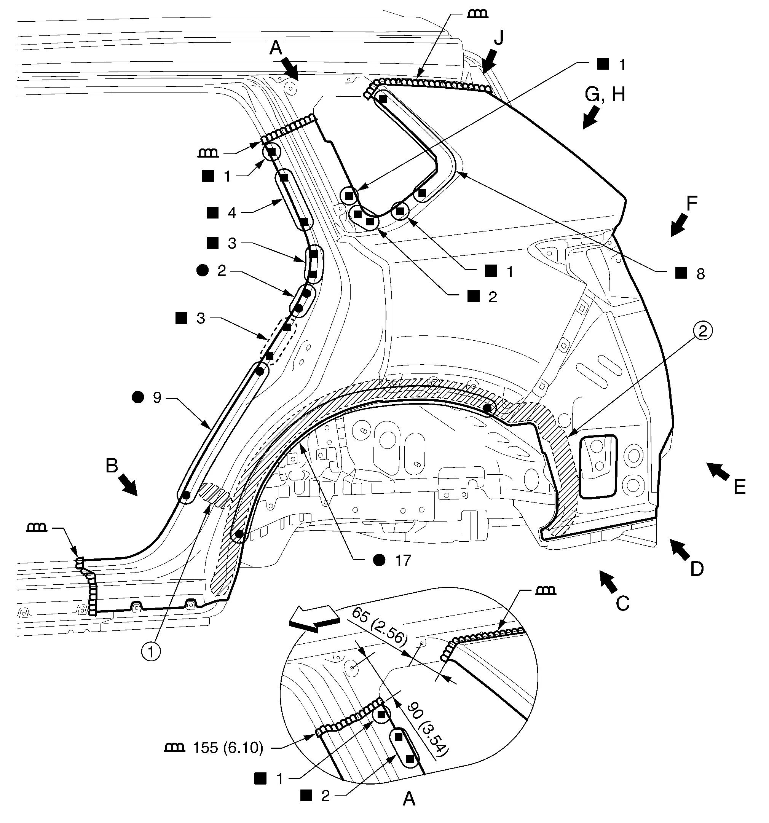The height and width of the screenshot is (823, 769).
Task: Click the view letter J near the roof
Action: tap(499, 38)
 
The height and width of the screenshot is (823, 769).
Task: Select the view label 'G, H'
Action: tap(605, 94)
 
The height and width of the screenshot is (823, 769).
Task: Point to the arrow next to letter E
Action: tap(718, 472)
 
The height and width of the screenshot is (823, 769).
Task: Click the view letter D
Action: tap(697, 569)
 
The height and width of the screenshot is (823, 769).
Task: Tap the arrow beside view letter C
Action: tap(608, 581)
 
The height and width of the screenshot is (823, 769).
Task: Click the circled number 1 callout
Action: tap(151, 652)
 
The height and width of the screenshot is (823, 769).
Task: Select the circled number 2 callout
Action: tap(703, 331)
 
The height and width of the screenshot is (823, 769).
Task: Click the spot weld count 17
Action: tap(403, 561)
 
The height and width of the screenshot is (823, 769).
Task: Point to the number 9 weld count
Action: tap(157, 397)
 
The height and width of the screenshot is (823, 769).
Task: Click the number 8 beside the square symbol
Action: tap(700, 274)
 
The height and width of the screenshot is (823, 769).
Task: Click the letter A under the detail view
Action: tap(409, 799)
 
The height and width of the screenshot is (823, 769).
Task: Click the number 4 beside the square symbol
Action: tap(232, 213)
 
